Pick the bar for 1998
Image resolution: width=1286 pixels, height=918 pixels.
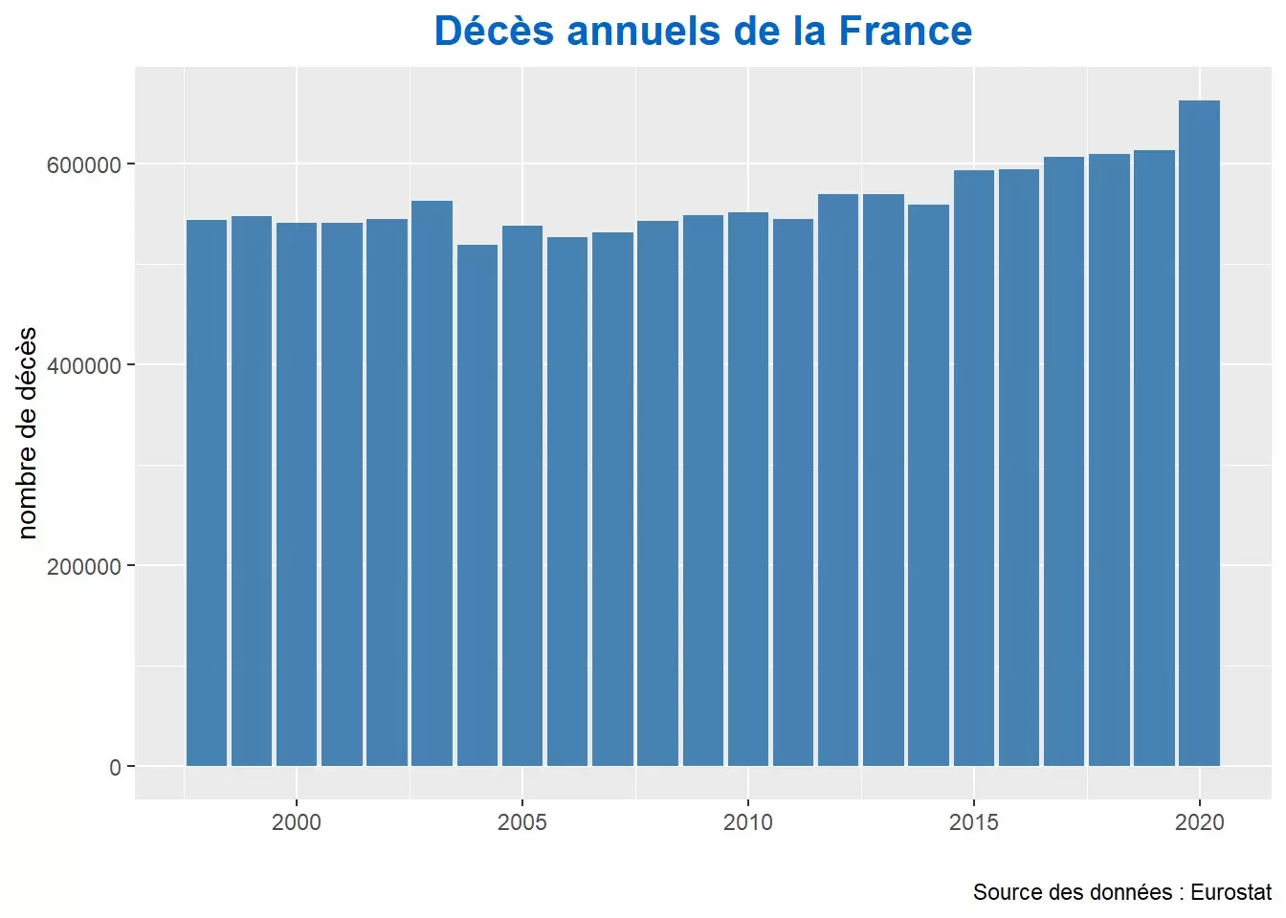206,492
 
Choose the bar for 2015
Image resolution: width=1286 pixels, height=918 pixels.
973,468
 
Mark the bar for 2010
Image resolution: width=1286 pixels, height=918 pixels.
747,489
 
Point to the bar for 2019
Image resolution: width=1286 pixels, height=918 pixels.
1154,458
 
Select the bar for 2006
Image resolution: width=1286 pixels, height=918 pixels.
567,501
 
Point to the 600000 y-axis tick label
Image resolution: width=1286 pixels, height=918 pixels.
84,164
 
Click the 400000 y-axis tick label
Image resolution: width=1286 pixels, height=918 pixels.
84,365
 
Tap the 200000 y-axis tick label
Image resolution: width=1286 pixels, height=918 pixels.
84,566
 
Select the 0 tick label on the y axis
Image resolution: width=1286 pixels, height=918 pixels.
115,767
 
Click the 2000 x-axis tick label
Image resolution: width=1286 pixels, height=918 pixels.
297,822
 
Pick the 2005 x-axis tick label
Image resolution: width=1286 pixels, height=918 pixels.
522,822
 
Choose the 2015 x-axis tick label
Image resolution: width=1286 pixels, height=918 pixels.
973,822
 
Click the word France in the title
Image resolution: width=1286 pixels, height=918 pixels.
905,32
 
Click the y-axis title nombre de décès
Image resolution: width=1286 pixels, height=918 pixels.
27,432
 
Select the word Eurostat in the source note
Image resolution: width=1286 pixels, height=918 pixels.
1231,892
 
